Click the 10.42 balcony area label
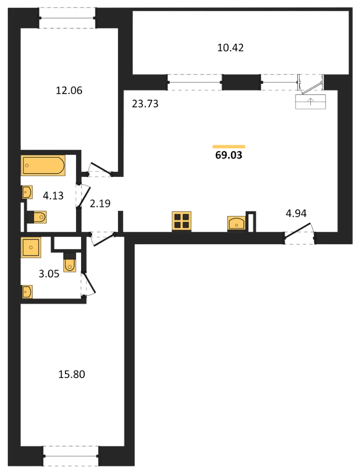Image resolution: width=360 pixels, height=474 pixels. coord(231,48)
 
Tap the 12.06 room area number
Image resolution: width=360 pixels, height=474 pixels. coord(69,91)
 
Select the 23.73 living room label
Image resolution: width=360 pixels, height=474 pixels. coord(145,104)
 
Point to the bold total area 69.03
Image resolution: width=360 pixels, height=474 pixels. coord(229,155)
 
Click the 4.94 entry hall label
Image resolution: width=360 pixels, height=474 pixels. coord(296,213)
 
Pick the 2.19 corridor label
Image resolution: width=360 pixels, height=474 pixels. coord(100,203)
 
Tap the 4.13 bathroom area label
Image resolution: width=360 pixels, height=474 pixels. coord(53,196)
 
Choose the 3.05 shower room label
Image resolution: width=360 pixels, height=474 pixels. coord(49,273)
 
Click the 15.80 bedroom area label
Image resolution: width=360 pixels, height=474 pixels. coord(72,374)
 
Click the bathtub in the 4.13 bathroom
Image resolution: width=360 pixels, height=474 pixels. coord(43,165)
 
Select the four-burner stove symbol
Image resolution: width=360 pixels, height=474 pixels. coord(182,221)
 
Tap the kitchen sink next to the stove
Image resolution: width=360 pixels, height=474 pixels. coord(236,224)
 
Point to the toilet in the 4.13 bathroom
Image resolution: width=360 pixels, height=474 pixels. coord(37,217)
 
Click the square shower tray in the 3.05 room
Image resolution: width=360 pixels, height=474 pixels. coord(31,247)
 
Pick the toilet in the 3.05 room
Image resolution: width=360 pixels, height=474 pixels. coord(70,262)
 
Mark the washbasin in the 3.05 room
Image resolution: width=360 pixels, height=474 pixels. coord(27,292)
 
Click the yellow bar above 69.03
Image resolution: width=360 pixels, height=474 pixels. coord(229,147)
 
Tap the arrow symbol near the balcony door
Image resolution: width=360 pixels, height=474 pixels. coord(311,101)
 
